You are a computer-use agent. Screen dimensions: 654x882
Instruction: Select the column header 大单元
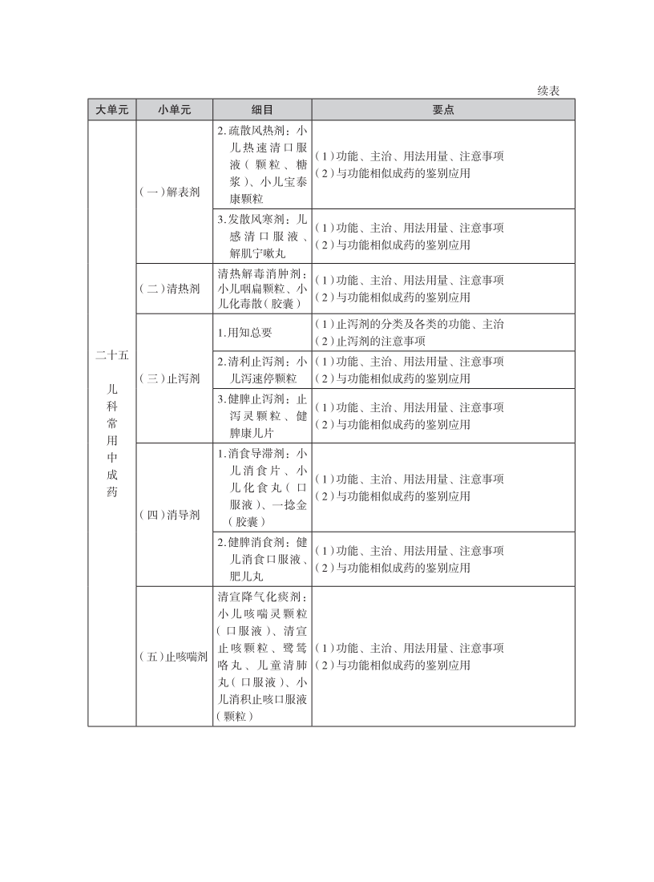pyautogui.click(x=111, y=110)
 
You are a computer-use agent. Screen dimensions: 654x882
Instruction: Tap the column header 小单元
pyautogui.click(x=174, y=110)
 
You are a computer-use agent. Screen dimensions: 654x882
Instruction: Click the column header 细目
pyautogui.click(x=262, y=110)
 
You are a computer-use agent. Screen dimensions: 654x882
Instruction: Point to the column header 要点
pyautogui.click(x=443, y=110)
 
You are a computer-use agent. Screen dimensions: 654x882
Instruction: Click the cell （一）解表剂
pyautogui.click(x=174, y=192)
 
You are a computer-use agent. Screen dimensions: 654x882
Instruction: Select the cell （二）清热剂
pyautogui.click(x=174, y=289)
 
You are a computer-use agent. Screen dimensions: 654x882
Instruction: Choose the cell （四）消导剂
pyautogui.click(x=174, y=515)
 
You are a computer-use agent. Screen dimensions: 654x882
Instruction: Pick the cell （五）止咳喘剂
pyautogui.click(x=174, y=657)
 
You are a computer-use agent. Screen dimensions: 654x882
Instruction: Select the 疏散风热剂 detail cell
pyautogui.click(x=262, y=164)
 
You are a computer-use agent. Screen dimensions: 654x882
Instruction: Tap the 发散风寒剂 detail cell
pyautogui.click(x=262, y=236)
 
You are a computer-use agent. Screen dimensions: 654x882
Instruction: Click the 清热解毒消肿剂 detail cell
pyautogui.click(x=262, y=289)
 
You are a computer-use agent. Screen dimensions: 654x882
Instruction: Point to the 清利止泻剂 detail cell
pyautogui.click(x=262, y=370)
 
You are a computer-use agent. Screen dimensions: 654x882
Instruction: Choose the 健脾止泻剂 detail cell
pyautogui.click(x=262, y=416)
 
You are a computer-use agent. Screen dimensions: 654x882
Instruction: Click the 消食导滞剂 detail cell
pyautogui.click(x=262, y=488)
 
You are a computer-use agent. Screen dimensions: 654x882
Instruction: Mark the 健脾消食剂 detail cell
pyautogui.click(x=262, y=559)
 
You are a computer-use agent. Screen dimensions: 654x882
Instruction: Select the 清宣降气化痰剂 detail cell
pyautogui.click(x=262, y=657)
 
